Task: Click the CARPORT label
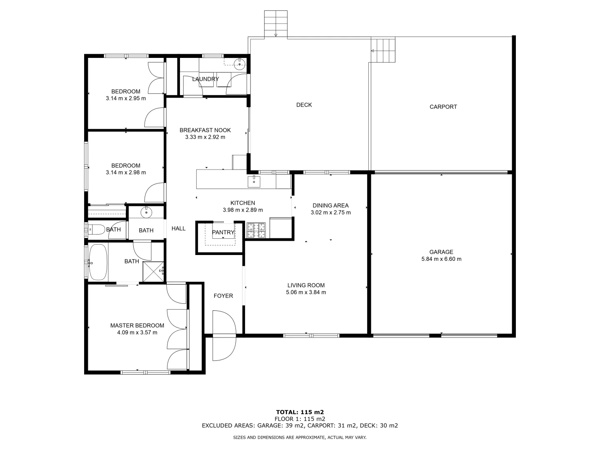[x=443, y=107]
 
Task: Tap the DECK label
[x=304, y=105]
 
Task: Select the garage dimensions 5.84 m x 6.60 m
[x=441, y=259]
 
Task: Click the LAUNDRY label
[x=205, y=79]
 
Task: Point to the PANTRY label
[x=223, y=232]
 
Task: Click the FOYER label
[x=223, y=296]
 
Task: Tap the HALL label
[x=178, y=228]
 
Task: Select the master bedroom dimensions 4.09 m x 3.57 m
[x=137, y=332]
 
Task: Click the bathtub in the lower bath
[x=98, y=262]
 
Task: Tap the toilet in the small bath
[x=97, y=229]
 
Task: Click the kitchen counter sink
[x=254, y=181]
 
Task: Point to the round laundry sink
[x=239, y=63]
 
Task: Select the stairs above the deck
[x=275, y=24]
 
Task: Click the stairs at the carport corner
[x=384, y=50]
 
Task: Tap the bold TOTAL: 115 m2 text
[x=300, y=412]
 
